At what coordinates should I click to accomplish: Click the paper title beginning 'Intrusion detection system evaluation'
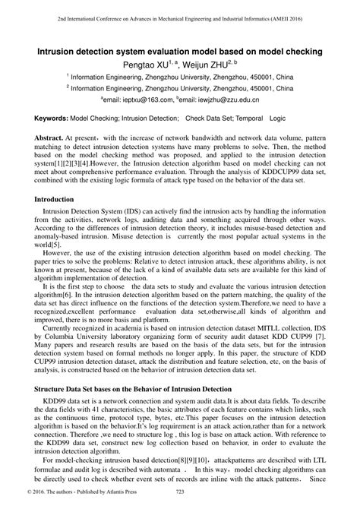[x=180, y=50]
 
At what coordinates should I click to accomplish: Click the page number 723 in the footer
[x=180, y=501]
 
